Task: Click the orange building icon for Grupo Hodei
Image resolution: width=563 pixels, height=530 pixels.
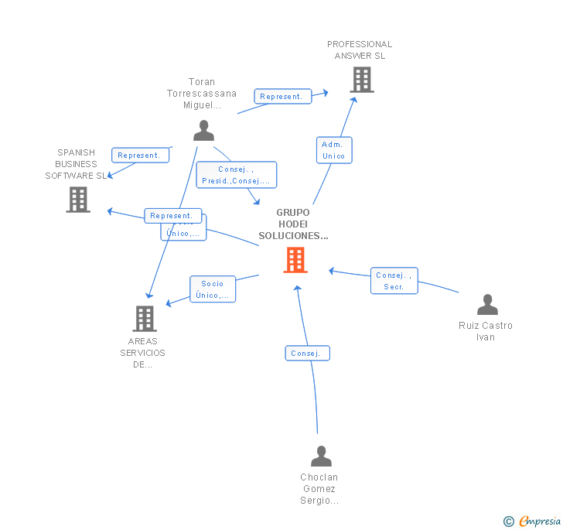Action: tap(295, 260)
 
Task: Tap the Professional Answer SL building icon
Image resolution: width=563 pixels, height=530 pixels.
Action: tap(361, 80)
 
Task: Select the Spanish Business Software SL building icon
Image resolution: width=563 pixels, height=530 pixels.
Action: tap(78, 200)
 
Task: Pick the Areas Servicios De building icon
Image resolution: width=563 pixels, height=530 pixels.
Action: tap(145, 318)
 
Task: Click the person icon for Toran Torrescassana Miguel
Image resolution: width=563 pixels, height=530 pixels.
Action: tap(203, 130)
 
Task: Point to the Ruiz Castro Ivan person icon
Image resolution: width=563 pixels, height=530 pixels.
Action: tap(486, 305)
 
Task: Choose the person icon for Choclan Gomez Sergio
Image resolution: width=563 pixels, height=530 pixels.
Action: tap(321, 456)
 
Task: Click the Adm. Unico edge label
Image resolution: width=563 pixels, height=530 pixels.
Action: tap(333, 150)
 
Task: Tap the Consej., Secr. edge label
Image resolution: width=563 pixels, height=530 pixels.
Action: tap(394, 281)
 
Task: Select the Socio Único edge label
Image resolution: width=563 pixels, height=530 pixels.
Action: tap(213, 289)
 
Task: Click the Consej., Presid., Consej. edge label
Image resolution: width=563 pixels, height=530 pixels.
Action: tap(236, 175)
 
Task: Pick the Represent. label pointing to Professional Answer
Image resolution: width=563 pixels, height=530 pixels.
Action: tap(282, 96)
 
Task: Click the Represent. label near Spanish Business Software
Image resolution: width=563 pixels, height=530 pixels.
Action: tap(140, 155)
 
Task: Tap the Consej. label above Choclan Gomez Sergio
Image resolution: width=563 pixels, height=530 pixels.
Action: tap(307, 353)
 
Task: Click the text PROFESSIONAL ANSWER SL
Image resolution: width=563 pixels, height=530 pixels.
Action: tap(360, 50)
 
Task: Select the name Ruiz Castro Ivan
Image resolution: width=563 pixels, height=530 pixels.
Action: tap(486, 331)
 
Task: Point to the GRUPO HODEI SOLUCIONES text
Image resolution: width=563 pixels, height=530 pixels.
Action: tap(293, 224)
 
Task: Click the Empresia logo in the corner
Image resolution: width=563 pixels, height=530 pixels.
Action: tap(539, 521)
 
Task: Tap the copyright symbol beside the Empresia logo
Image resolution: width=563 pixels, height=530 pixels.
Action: tap(509, 521)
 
